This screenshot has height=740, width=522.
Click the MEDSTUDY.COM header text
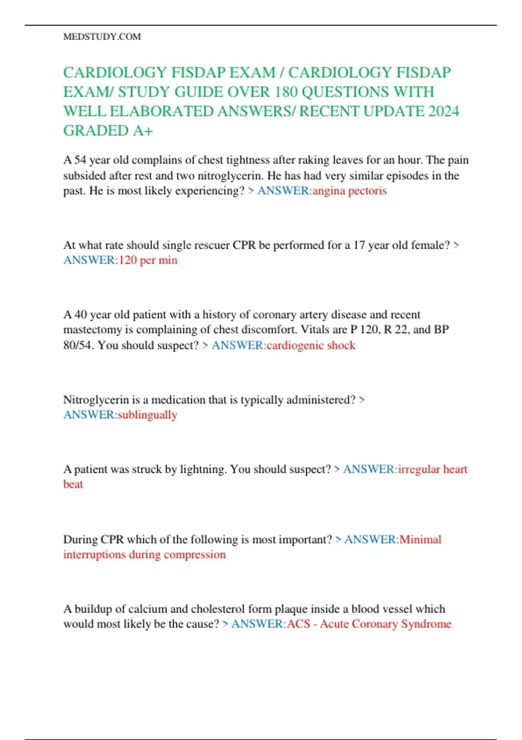coord(102,37)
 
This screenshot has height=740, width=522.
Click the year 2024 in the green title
coord(443,111)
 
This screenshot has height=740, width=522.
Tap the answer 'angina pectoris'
coord(349,191)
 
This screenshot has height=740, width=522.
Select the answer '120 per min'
coord(148,260)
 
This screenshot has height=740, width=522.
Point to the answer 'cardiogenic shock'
coord(311,345)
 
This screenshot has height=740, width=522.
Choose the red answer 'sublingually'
coord(147,415)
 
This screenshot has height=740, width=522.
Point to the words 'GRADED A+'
coord(108,131)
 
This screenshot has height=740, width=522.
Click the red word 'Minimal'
coord(420,539)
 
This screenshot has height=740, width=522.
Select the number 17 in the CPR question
coord(359,245)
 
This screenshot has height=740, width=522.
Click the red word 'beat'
coord(73,484)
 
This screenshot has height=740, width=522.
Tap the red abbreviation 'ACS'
coord(298,624)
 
